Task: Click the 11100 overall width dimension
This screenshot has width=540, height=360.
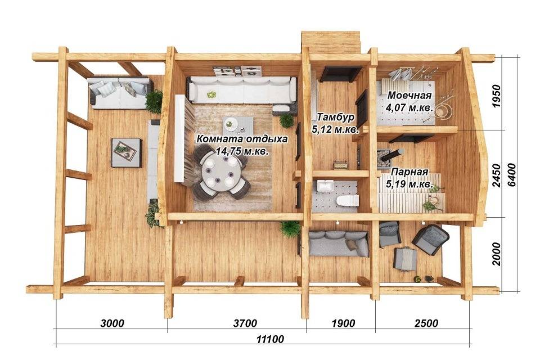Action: pos(270,339)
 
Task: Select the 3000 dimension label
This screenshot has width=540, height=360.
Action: pos(112,323)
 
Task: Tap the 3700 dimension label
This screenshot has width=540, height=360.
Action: pos(245,323)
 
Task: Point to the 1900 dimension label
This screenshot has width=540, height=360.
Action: pos(343,323)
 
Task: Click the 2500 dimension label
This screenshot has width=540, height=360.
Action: pos(426,323)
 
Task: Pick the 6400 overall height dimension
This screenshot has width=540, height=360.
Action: pos(512,175)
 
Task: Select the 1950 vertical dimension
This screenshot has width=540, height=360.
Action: pos(496,96)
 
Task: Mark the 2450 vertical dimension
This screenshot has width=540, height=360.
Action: pos(496,175)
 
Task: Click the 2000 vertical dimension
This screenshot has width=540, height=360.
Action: pos(496,254)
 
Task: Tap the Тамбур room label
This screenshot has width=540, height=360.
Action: pos(335,117)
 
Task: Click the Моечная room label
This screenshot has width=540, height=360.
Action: pos(409,95)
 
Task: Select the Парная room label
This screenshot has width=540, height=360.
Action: pos(410,172)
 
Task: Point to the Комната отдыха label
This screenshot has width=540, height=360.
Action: pos(242,139)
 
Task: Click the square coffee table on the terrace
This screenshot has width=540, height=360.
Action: pos(127,153)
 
